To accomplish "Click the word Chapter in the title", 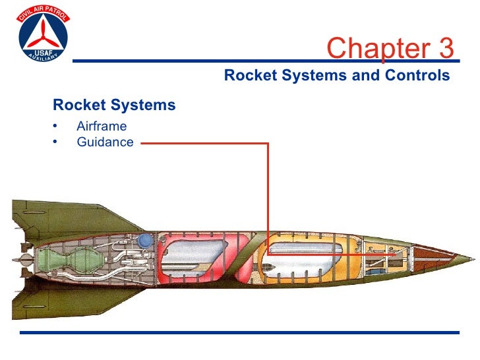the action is pyautogui.click(x=371, y=48).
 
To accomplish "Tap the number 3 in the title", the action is pyautogui.click(x=445, y=48).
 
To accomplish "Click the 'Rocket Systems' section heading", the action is pyautogui.click(x=114, y=105).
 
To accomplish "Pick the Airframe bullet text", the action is pyautogui.click(x=102, y=126).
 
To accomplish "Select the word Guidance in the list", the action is pyautogui.click(x=105, y=142).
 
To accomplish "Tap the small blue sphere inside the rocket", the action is pyautogui.click(x=142, y=240).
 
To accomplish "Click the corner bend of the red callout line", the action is pyautogui.click(x=268, y=143).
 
